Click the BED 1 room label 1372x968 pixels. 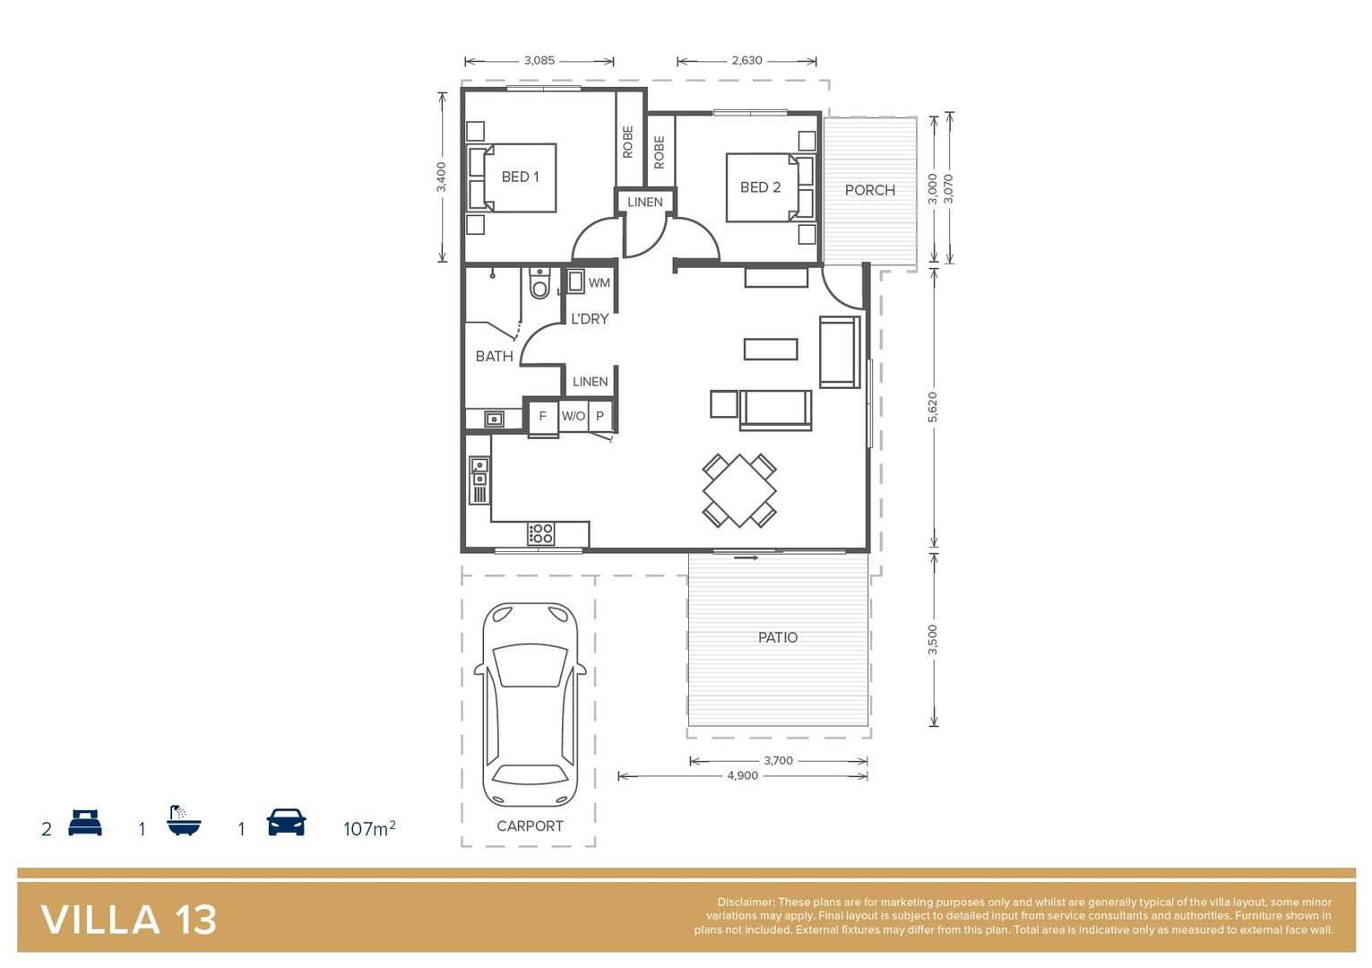[520, 177]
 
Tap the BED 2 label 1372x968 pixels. [760, 187]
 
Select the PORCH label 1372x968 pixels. [869, 190]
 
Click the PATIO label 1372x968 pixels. [777, 637]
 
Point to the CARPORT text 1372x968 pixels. [530, 825]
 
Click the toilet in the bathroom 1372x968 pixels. [539, 284]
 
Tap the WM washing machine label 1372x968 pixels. [599, 282]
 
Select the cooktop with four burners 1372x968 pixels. [540, 534]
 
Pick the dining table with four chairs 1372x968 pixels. [739, 490]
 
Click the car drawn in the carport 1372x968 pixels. [530, 704]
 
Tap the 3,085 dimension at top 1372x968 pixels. [539, 60]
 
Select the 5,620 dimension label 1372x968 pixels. [933, 407]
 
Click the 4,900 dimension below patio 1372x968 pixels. [742, 775]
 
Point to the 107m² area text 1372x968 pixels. [368, 828]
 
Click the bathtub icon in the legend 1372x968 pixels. [184, 821]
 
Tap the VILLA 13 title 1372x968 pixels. [129, 920]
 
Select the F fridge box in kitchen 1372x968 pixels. [542, 416]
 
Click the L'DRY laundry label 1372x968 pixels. [590, 318]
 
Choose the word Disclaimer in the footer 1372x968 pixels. [745, 902]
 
